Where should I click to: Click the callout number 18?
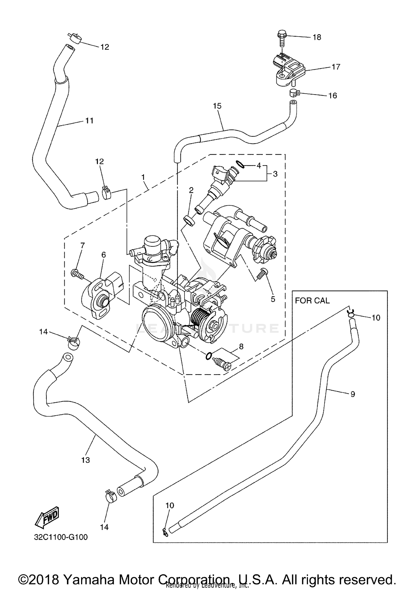coord(317,37)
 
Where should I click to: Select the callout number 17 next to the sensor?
coord(336,67)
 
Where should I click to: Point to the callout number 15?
coord(217,106)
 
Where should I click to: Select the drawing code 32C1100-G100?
coord(61,537)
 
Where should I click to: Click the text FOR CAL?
coord(312,301)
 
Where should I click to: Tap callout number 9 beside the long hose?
coord(352,394)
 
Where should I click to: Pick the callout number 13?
coord(85,460)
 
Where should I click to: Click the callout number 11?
coord(89,121)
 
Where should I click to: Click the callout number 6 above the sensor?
coord(103,255)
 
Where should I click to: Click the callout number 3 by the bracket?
coord(275,174)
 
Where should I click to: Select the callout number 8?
coord(241,347)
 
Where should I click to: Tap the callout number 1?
coord(143,177)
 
